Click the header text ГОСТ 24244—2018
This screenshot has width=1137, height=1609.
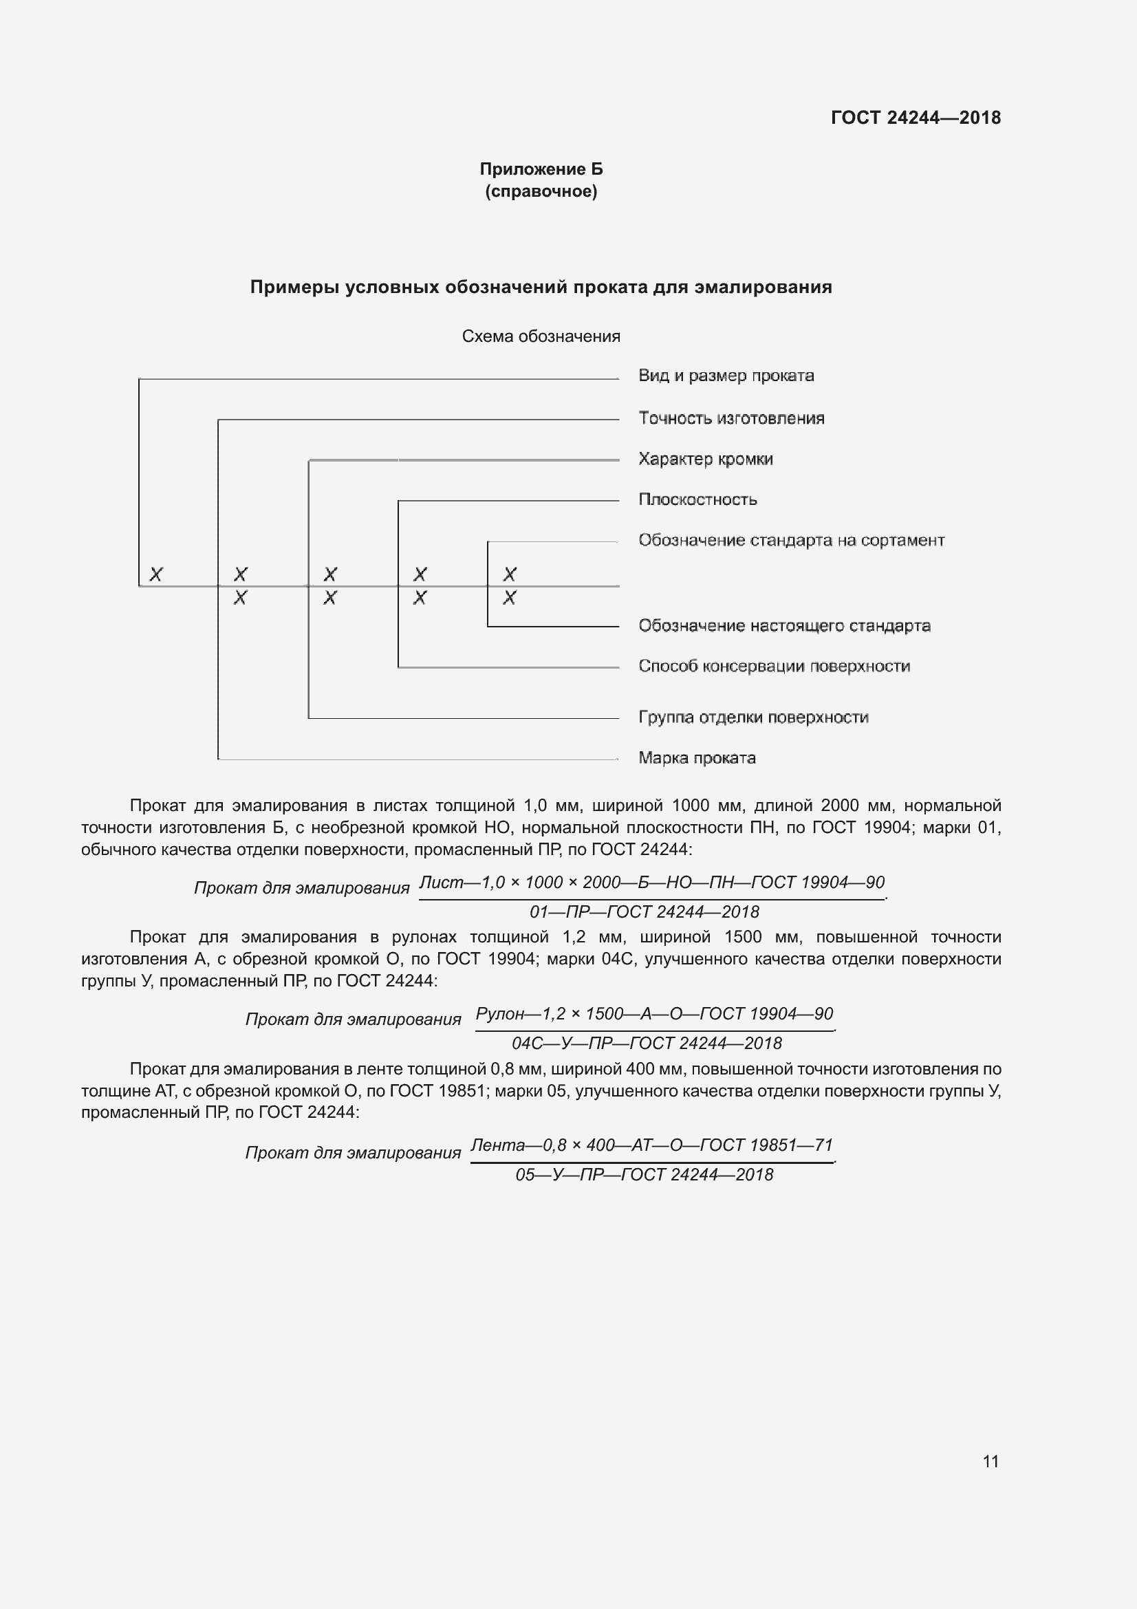coord(915,118)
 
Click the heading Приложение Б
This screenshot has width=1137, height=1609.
coord(541,169)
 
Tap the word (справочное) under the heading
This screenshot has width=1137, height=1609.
coord(541,191)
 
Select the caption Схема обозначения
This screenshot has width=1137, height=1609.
coord(541,336)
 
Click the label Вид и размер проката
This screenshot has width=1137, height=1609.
coord(726,376)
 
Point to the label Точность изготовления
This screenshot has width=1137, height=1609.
coord(730,418)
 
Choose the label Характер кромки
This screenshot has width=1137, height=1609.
coord(706,459)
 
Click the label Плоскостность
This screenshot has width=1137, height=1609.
coord(697,499)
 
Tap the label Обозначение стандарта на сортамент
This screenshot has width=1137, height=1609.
coord(791,540)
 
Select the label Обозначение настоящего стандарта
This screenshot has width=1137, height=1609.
coord(784,626)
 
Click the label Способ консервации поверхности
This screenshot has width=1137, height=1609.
coord(774,667)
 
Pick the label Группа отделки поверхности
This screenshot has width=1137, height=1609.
coord(753,717)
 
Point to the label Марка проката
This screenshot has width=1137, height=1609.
coord(696,758)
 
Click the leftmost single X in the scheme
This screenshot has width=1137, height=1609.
coord(156,574)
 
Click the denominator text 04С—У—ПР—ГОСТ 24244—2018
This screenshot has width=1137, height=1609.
coord(646,1044)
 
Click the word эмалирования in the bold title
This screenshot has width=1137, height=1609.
coord(763,288)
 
